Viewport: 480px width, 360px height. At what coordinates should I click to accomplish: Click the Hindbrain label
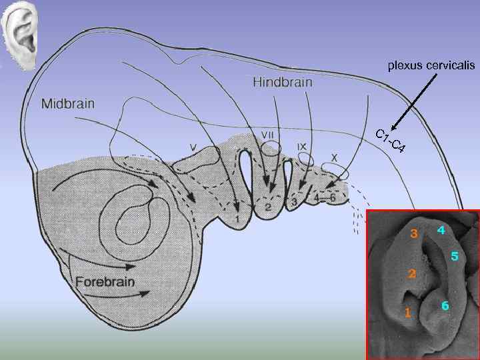point(282,83)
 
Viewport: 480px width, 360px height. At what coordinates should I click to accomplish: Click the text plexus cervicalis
point(431,65)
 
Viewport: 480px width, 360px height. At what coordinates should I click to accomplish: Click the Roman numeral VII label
point(267,134)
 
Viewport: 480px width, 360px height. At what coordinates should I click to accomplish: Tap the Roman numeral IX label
point(301,145)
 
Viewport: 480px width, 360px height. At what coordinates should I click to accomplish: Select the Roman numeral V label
point(193,146)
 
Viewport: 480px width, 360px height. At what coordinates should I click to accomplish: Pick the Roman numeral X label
point(335,157)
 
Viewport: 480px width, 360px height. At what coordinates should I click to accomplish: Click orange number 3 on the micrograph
point(414,233)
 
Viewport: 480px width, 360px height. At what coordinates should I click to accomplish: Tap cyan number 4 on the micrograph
point(441,231)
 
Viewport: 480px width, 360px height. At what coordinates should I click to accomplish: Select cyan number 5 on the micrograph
point(455,256)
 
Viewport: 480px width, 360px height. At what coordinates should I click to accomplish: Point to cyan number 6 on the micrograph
point(445,305)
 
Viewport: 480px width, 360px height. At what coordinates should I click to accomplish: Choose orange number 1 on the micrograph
point(407,313)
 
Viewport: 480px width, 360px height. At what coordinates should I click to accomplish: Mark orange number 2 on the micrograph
point(412,273)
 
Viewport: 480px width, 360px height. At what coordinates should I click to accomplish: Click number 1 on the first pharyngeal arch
point(237,218)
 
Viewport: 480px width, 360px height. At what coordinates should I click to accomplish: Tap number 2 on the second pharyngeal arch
point(267,207)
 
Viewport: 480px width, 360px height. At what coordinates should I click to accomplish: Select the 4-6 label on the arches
point(324,198)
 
